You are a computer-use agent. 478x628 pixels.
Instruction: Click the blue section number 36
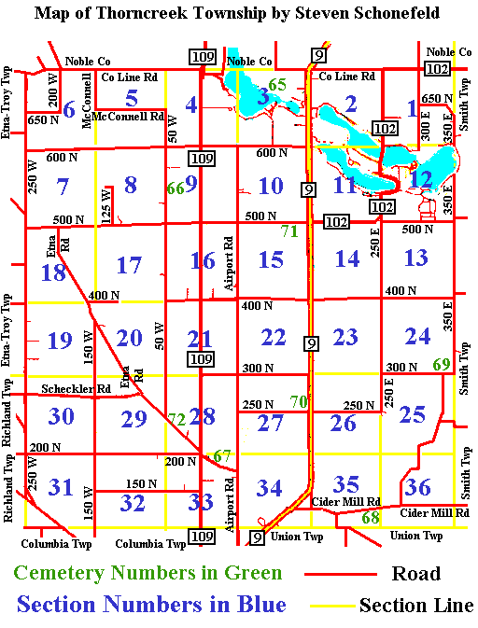pos(418,486)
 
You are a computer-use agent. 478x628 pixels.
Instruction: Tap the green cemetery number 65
pos(277,85)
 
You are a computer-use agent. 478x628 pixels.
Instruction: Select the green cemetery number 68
pos(371,517)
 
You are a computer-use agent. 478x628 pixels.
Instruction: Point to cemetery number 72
pos(176,419)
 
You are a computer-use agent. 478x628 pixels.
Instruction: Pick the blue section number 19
pos(60,340)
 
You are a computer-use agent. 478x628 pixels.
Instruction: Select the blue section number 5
pos(132,97)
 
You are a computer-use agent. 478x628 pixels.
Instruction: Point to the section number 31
pos(61,487)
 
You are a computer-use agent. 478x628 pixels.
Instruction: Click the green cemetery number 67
pos(221,455)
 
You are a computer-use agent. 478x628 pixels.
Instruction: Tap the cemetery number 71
pos(288,230)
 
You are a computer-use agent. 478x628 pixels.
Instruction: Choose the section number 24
pos(417,335)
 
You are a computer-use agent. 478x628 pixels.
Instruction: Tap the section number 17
pos(129,265)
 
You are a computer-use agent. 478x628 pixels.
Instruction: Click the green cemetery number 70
pos(299,401)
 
